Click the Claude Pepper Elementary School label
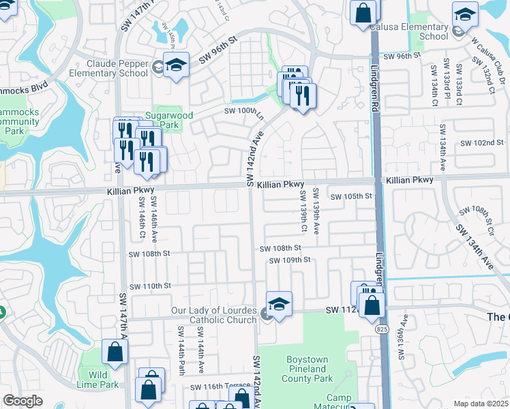pyautogui.click(x=113, y=67)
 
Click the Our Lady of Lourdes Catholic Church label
pyautogui.click(x=213, y=315)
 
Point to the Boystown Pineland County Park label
pyautogui.click(x=307, y=369)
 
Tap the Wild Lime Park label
pyautogui.click(x=97, y=380)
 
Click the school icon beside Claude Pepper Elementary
pyautogui.click(x=176, y=65)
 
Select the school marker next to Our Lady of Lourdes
pyautogui.click(x=279, y=304)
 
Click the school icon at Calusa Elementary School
pyautogui.click(x=465, y=13)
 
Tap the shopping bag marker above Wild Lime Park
pyautogui.click(x=115, y=352)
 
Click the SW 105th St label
pyautogui.click(x=352, y=196)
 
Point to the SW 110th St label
pyautogui.click(x=149, y=286)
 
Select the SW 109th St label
pyautogui.click(x=289, y=260)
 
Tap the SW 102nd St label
pyautogui.click(x=481, y=143)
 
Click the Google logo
pyautogui.click(x=23, y=401)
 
